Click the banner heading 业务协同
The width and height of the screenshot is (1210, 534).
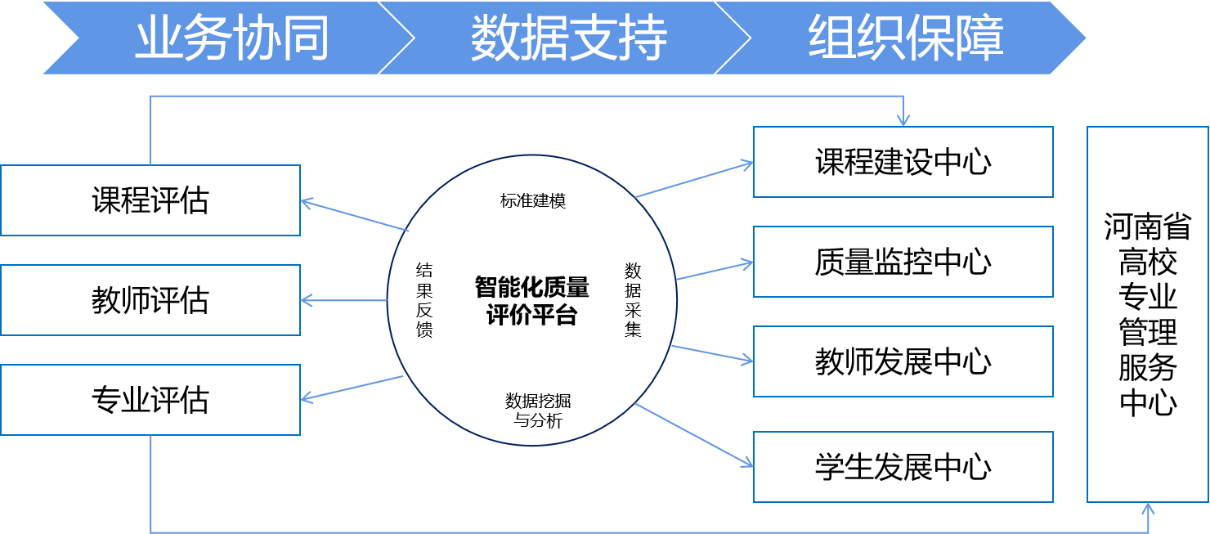pos(232,38)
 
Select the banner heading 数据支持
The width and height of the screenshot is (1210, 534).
pos(569,38)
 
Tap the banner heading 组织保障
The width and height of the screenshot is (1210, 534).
pos(906,38)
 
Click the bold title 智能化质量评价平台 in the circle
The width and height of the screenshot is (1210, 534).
pos(532,301)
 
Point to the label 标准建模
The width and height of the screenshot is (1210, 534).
pos(533,201)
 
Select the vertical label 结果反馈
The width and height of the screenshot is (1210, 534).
pos(424,300)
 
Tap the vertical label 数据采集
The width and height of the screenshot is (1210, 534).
pos(633,300)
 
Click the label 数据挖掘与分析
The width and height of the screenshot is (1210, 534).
pos(538,411)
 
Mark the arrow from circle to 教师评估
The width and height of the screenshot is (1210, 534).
pos(344,300)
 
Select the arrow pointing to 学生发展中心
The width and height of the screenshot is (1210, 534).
pos(694,435)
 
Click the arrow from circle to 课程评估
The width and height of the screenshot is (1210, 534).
pos(354,216)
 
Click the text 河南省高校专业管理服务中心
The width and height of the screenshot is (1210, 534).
pos(1148,315)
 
